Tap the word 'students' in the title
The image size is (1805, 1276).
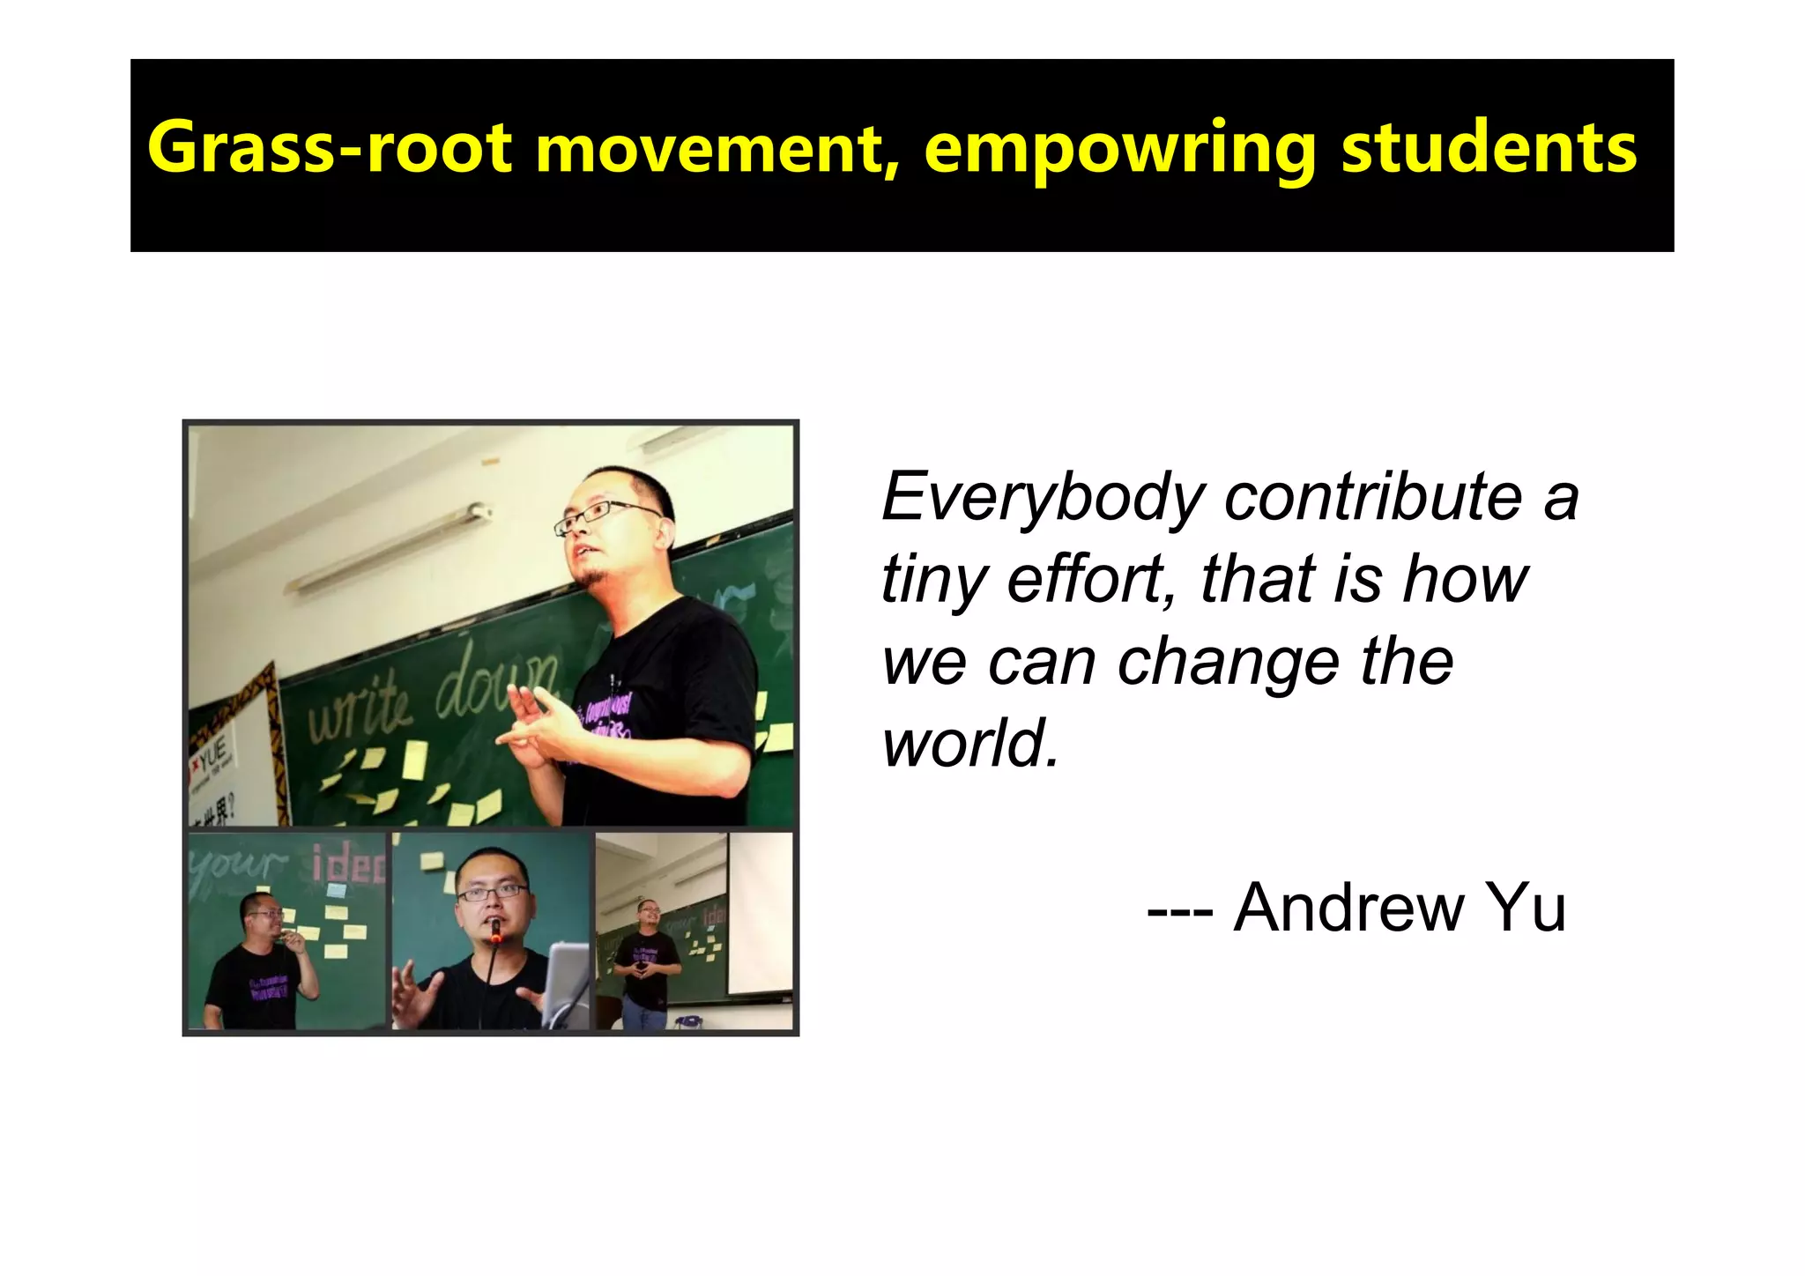point(1489,148)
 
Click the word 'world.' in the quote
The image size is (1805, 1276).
point(970,743)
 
